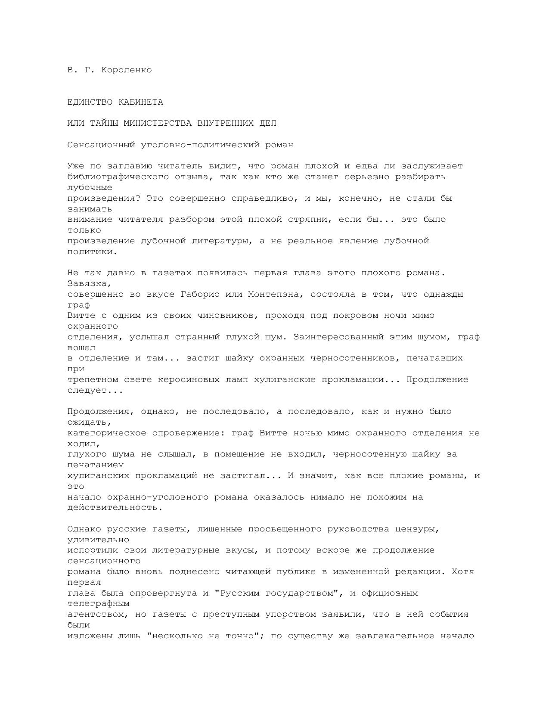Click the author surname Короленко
[x=127, y=70]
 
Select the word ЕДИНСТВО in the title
[x=90, y=102]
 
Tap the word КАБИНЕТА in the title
[x=140, y=102]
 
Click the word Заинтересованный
[x=338, y=337]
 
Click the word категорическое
[x=107, y=433]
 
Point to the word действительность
[x=114, y=508]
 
